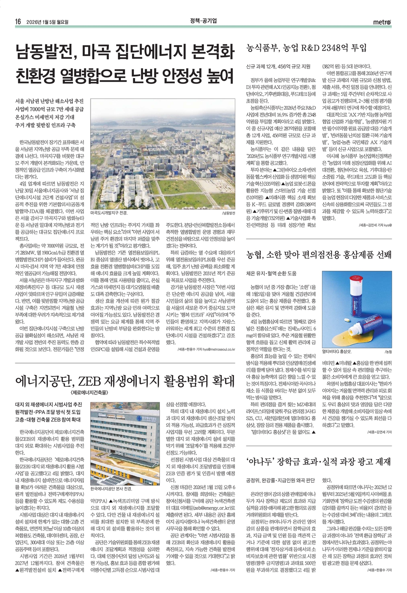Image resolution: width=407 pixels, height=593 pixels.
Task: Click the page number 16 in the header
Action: point(18,22)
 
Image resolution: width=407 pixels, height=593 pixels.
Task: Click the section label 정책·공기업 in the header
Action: point(203,21)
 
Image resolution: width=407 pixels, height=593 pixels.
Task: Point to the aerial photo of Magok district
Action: point(163,153)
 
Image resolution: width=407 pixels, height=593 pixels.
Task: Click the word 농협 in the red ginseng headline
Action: point(257,255)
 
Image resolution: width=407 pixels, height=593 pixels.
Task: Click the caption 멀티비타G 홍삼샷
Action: point(337,352)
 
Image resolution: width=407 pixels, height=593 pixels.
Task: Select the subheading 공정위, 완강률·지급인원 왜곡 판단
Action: point(281,480)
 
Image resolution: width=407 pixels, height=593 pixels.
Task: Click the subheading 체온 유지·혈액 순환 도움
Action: point(271,273)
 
